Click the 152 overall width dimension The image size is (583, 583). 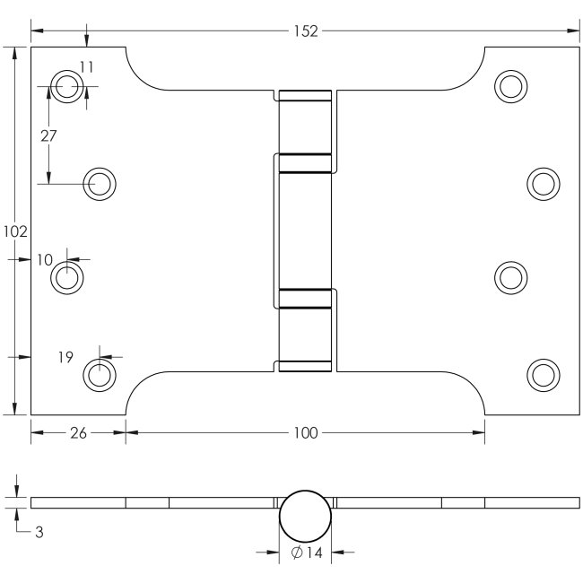click(x=306, y=31)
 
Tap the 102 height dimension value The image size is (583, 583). click(x=15, y=231)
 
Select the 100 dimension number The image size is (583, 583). click(x=306, y=433)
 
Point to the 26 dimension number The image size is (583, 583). click(x=78, y=433)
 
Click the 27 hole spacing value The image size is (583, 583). click(x=48, y=136)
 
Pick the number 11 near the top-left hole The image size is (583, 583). click(x=86, y=67)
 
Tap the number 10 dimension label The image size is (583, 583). click(x=45, y=260)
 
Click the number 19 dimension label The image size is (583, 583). click(x=65, y=357)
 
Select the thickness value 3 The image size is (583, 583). click(x=39, y=533)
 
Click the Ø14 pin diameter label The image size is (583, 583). click(x=307, y=553)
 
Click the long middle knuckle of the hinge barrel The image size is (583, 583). click(x=305, y=231)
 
